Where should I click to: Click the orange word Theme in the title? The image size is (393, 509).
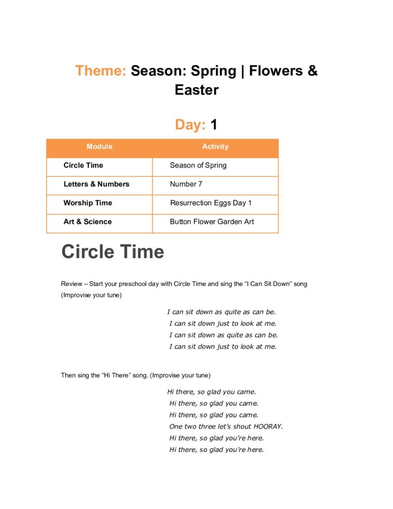click(x=100, y=71)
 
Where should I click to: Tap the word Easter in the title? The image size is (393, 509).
click(x=196, y=90)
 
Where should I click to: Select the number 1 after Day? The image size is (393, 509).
click(x=214, y=124)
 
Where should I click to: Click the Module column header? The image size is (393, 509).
click(x=99, y=147)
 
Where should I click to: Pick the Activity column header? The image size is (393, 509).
click(x=215, y=147)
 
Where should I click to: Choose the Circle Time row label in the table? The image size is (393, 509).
click(x=83, y=166)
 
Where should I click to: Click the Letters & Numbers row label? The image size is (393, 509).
click(x=96, y=184)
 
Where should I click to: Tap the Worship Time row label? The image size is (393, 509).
click(x=88, y=203)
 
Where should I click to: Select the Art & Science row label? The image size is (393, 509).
click(x=87, y=222)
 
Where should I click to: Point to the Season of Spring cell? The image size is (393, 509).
click(x=198, y=166)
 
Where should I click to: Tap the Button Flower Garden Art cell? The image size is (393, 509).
click(x=212, y=222)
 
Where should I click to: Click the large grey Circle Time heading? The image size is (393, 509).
click(x=112, y=252)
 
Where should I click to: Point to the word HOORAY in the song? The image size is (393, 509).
click(x=267, y=426)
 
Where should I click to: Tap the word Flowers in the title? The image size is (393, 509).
click(x=276, y=71)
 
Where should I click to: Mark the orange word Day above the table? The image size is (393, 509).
click(x=190, y=124)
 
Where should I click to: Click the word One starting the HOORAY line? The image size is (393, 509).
click(x=176, y=426)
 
